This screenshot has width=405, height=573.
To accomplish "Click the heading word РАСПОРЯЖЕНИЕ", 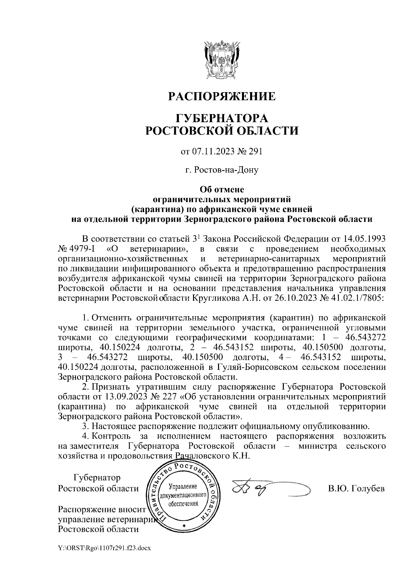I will point(222,97).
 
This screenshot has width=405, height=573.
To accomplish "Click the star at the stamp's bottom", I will point(184,526).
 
